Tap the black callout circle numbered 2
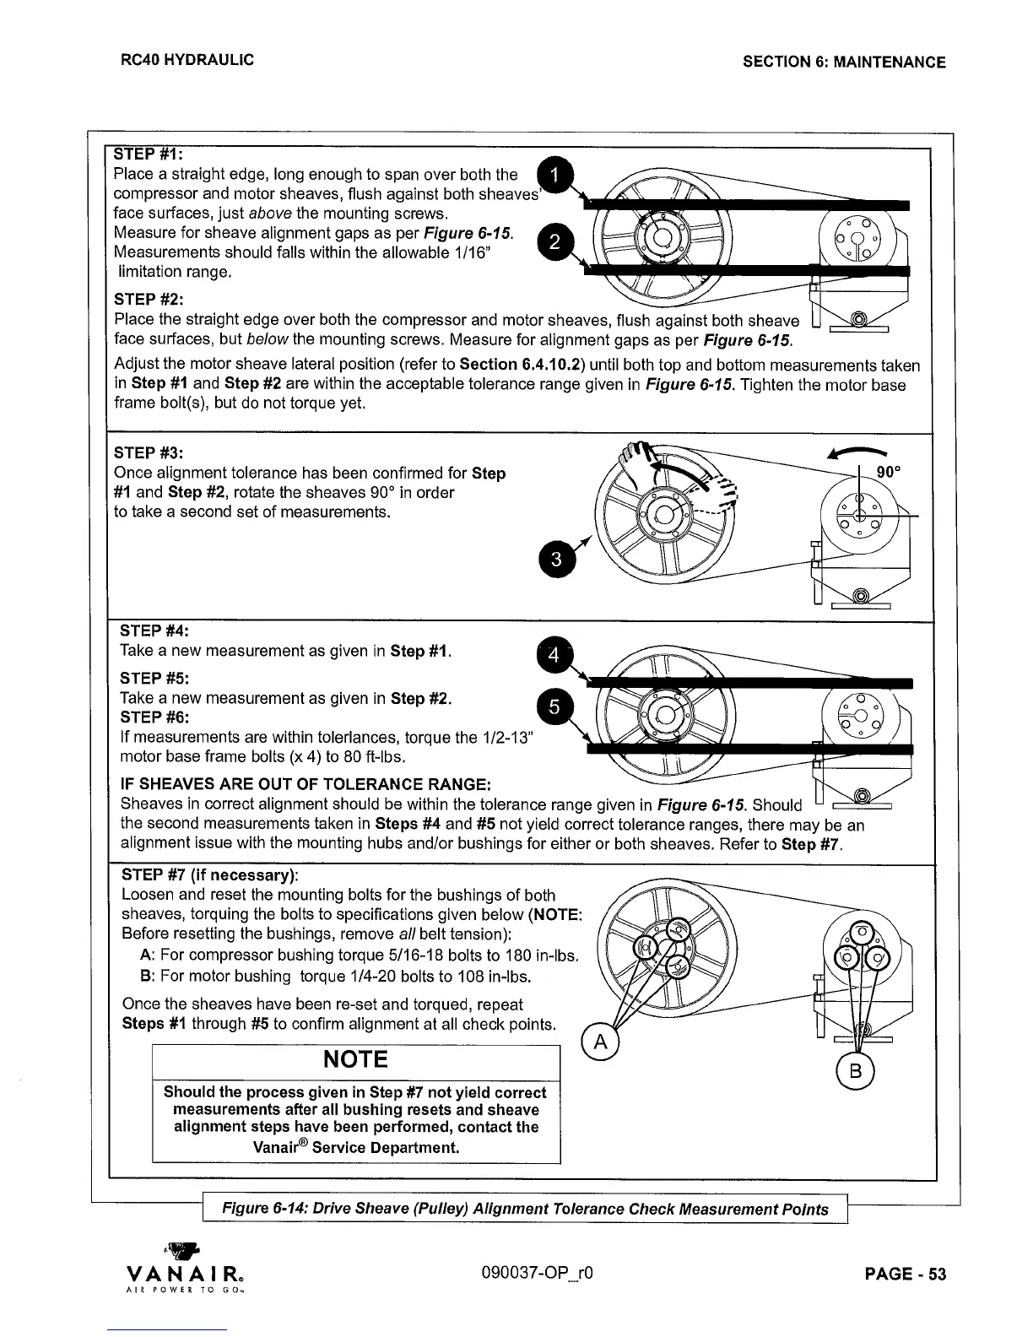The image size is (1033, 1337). coord(554,242)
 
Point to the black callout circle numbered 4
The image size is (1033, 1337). coord(554,655)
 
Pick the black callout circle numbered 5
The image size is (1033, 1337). coord(554,709)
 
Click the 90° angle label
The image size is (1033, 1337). coord(890,472)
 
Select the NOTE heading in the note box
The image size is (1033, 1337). coord(355,1059)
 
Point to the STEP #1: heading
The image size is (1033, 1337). coord(149,154)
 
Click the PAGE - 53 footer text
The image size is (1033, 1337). coord(906,1274)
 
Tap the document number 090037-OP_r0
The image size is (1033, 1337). coord(542,1273)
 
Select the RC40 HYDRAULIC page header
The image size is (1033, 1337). coord(187,60)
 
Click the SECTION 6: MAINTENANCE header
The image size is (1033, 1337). coord(844,62)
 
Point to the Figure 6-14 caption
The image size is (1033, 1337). coord(524,1209)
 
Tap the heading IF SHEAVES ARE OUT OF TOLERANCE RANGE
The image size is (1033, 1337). coord(306,784)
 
